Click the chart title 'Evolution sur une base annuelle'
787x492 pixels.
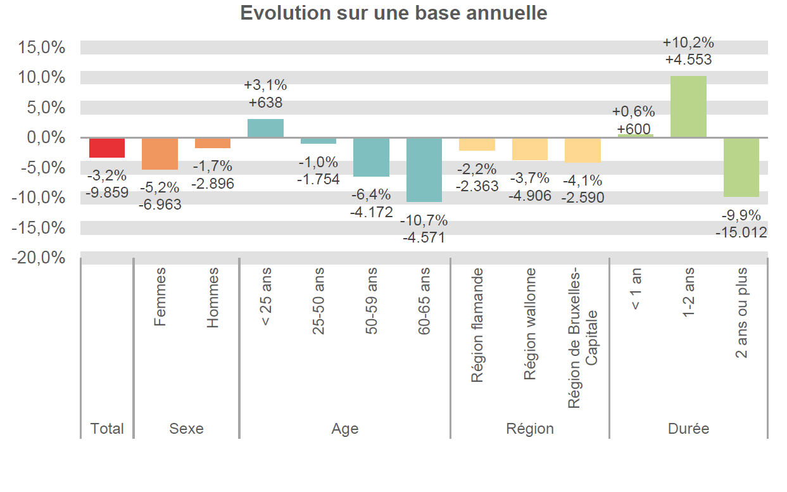(x=393, y=13)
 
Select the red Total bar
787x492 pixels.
(x=107, y=148)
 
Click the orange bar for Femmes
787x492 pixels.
(x=160, y=154)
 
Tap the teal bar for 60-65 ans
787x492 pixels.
(x=424, y=170)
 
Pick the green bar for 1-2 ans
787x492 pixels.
(x=688, y=106)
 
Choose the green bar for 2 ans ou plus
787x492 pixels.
(x=741, y=167)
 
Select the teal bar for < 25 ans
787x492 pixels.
(x=265, y=128)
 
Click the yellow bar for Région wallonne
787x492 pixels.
(x=530, y=149)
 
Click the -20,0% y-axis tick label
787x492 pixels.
(x=39, y=258)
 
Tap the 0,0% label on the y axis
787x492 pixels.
(x=44, y=137)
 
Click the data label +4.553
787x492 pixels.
(x=688, y=60)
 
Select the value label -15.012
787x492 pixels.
(x=741, y=232)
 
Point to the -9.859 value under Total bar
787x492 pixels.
(x=107, y=192)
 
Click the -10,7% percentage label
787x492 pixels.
(x=424, y=220)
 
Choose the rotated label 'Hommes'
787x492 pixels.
(x=213, y=297)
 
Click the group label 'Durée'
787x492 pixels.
(x=688, y=429)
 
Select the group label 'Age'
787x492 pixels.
(x=344, y=429)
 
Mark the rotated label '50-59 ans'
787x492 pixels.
(x=371, y=301)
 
